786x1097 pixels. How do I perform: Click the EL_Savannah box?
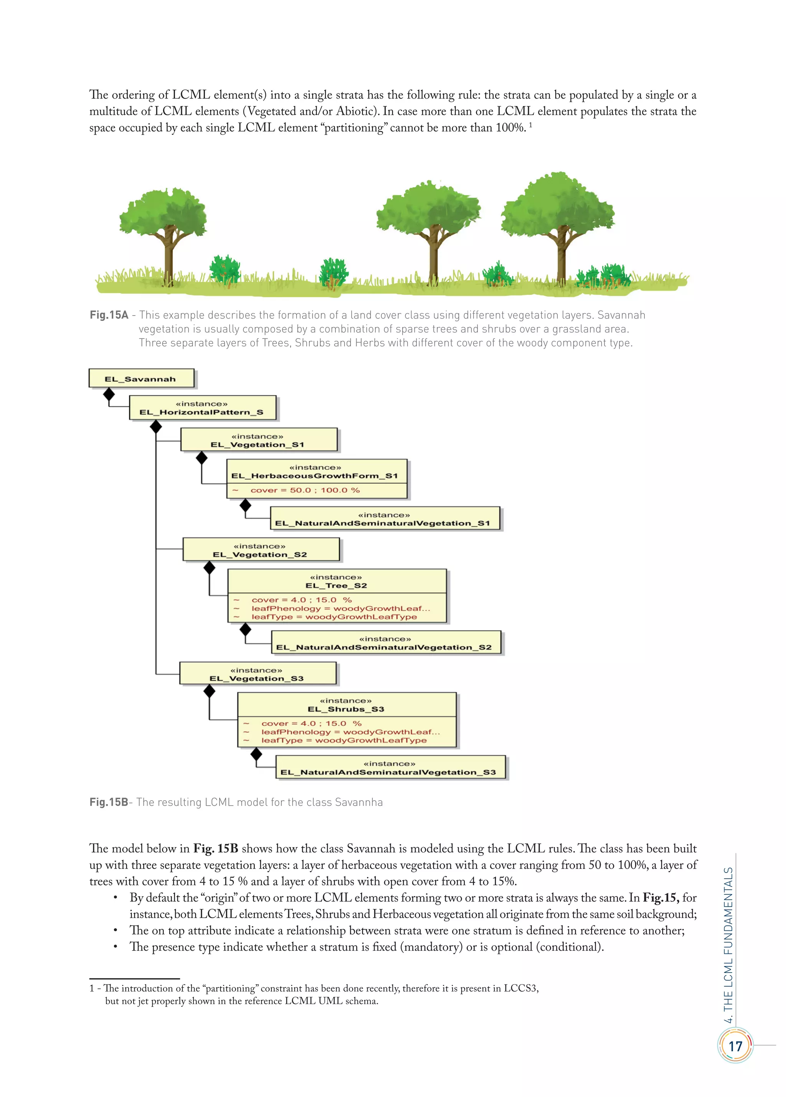[x=141, y=379]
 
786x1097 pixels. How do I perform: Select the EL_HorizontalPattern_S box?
[x=202, y=408]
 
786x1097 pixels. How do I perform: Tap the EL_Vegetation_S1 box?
[x=258, y=440]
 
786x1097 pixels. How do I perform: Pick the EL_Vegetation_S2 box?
[x=261, y=550]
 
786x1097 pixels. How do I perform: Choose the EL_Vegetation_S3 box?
[x=257, y=674]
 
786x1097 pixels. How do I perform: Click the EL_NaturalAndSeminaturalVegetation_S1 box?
[x=385, y=519]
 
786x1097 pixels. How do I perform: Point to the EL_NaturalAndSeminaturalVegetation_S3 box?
[x=390, y=768]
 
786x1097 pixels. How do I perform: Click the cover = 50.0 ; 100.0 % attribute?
[x=305, y=491]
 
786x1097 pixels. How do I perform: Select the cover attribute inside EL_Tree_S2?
[x=301, y=600]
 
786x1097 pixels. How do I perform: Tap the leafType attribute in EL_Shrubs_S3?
[x=344, y=740]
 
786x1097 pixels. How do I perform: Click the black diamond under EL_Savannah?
[x=109, y=395]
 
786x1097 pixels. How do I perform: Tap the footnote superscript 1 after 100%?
[x=531, y=125]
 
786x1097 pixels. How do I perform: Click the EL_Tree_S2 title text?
[x=336, y=586]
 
